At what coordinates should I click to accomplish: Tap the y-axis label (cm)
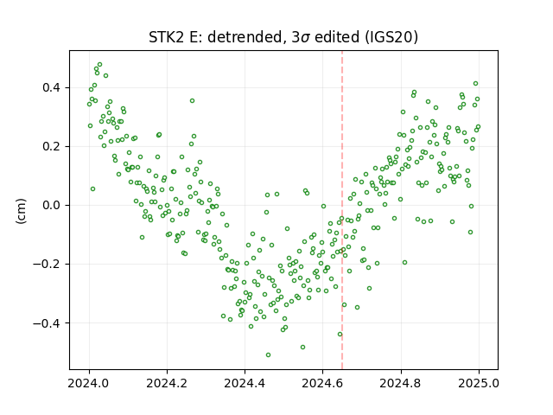tap(21, 211)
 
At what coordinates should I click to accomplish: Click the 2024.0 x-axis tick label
tap(89, 383)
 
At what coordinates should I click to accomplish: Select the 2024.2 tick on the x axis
tap(167, 383)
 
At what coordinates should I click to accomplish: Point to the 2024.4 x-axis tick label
tap(245, 383)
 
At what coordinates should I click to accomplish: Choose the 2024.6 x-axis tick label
tap(322, 383)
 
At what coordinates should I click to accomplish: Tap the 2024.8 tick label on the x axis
tap(401, 383)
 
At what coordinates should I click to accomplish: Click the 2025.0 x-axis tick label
tap(479, 383)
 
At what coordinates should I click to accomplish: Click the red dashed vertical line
tap(342, 210)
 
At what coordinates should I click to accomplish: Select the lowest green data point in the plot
tap(268, 354)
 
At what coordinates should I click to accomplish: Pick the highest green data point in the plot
tap(99, 64)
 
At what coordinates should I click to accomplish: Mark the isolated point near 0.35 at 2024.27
tap(192, 100)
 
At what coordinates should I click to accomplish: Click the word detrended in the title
tap(246, 37)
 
